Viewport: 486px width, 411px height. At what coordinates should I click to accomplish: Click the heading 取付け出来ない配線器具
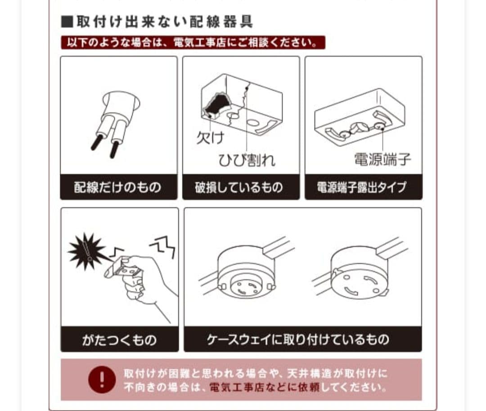(165, 22)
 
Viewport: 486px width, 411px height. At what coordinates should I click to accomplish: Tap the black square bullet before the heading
(67, 22)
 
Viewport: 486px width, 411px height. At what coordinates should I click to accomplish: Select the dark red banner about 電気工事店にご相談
(193, 42)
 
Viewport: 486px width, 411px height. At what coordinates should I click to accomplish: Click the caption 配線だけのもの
(118, 188)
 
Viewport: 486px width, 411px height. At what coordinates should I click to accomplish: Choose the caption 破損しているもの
(239, 188)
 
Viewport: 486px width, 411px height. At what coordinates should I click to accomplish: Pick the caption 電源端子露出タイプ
(361, 188)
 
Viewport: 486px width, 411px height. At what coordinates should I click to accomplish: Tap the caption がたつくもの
(119, 340)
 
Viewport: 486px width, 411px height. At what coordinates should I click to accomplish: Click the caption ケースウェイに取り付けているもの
(298, 340)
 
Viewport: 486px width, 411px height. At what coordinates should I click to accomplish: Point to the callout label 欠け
(210, 138)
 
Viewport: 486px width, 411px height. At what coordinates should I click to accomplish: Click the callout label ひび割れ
(247, 160)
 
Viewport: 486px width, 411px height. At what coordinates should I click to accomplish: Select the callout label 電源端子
(382, 159)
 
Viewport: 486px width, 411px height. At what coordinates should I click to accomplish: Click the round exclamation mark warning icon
(102, 380)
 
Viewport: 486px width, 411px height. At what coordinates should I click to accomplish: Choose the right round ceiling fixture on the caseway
(359, 274)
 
